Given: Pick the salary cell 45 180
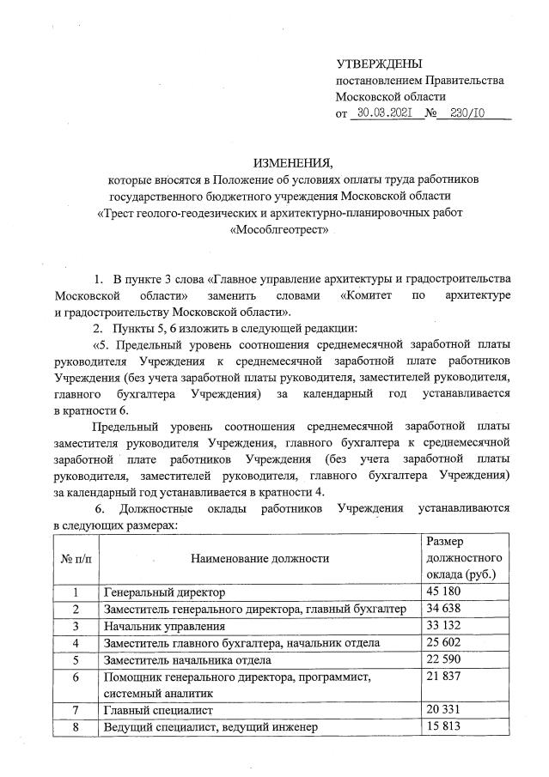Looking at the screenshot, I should pos(444,593).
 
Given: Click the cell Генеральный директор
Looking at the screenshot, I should pos(164,593).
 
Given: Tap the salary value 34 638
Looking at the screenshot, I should pos(444,610).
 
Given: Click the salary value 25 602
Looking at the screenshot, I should pos(444,643).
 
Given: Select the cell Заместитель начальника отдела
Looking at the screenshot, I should pos(186,660).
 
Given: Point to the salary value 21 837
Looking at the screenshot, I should pos(444,677).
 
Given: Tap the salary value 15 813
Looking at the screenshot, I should pos(444,728).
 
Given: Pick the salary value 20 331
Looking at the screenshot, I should pos(444,711).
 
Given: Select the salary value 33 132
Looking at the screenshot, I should pos(444,627).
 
